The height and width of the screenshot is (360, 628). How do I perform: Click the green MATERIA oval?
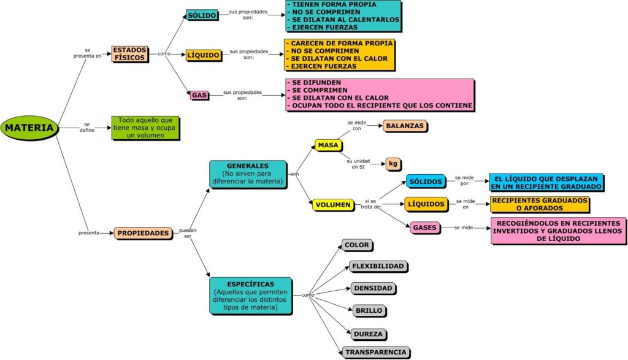[29, 128]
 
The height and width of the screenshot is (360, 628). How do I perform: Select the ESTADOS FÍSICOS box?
[130, 54]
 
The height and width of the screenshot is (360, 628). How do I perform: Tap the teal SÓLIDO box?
[202, 15]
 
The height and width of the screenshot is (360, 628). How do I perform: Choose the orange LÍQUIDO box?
[204, 55]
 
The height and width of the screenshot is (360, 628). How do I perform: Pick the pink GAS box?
[199, 95]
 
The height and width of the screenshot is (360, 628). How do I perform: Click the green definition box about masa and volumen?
[145, 128]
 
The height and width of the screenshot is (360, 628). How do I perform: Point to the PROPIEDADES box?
[143, 233]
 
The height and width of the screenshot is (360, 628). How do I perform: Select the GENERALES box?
[248, 174]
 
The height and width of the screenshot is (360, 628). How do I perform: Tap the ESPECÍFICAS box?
[251, 296]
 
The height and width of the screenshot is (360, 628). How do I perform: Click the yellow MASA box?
[329, 145]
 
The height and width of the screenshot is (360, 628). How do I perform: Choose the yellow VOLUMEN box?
[333, 205]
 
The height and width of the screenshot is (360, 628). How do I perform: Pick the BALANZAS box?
[405, 126]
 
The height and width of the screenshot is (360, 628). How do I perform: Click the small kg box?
[393, 163]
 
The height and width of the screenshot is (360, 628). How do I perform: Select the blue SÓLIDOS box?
[426, 182]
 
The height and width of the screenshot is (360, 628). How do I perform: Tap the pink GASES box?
[425, 228]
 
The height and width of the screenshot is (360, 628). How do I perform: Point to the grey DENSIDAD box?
[373, 288]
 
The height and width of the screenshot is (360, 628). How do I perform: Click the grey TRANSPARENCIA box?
[376, 353]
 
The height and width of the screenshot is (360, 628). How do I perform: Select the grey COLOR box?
[357, 245]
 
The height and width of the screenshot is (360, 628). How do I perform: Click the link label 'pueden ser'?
[188, 233]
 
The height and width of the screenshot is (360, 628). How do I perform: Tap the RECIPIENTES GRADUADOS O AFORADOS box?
[540, 204]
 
